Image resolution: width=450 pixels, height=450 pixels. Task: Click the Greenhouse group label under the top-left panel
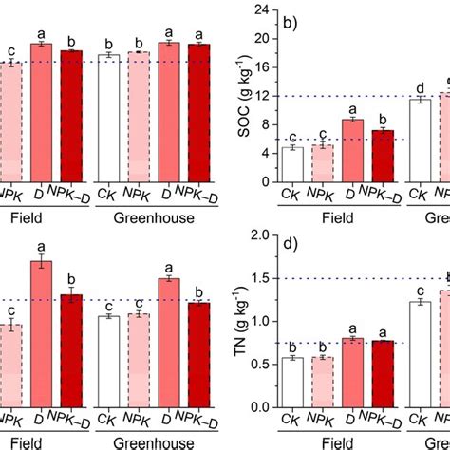point(152,217)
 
